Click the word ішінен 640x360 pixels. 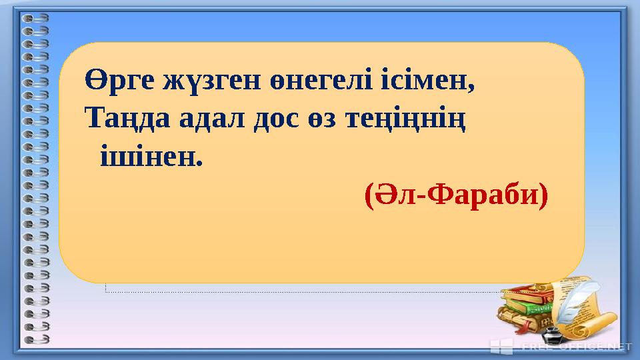pyautogui.click(x=149, y=158)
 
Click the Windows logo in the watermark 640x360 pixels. pyautogui.click(x=501, y=346)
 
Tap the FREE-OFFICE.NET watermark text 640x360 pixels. pyautogui.click(x=577, y=347)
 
